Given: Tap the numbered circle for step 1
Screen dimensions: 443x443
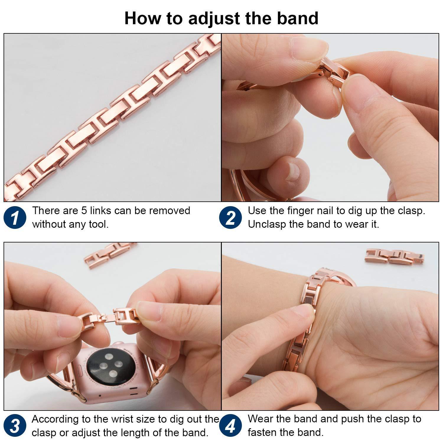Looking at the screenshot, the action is point(15,218).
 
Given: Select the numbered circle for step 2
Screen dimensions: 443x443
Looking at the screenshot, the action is point(231,218).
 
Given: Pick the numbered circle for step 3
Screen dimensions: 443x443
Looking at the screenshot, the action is point(15,426).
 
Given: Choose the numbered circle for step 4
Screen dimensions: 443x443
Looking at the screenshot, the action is point(231,426).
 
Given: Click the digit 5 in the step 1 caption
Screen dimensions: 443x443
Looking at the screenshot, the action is point(84,211).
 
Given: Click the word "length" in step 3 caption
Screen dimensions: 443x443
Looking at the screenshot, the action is point(146,433).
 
